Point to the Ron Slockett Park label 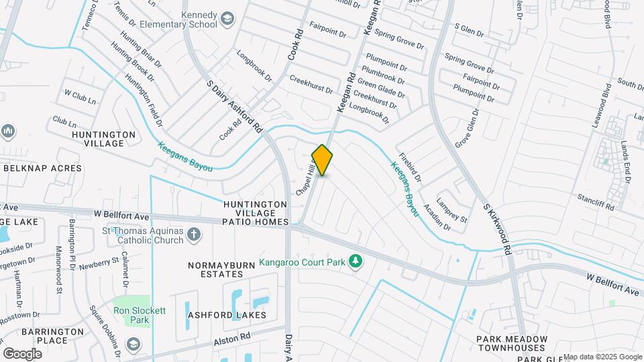click(131, 315)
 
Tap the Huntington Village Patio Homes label click(256, 213)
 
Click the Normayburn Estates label click(215, 269)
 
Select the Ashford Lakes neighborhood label click(227, 315)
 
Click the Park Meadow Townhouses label click(512, 343)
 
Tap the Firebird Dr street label click(410, 168)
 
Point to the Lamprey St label click(451, 209)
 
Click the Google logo click(22, 353)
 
